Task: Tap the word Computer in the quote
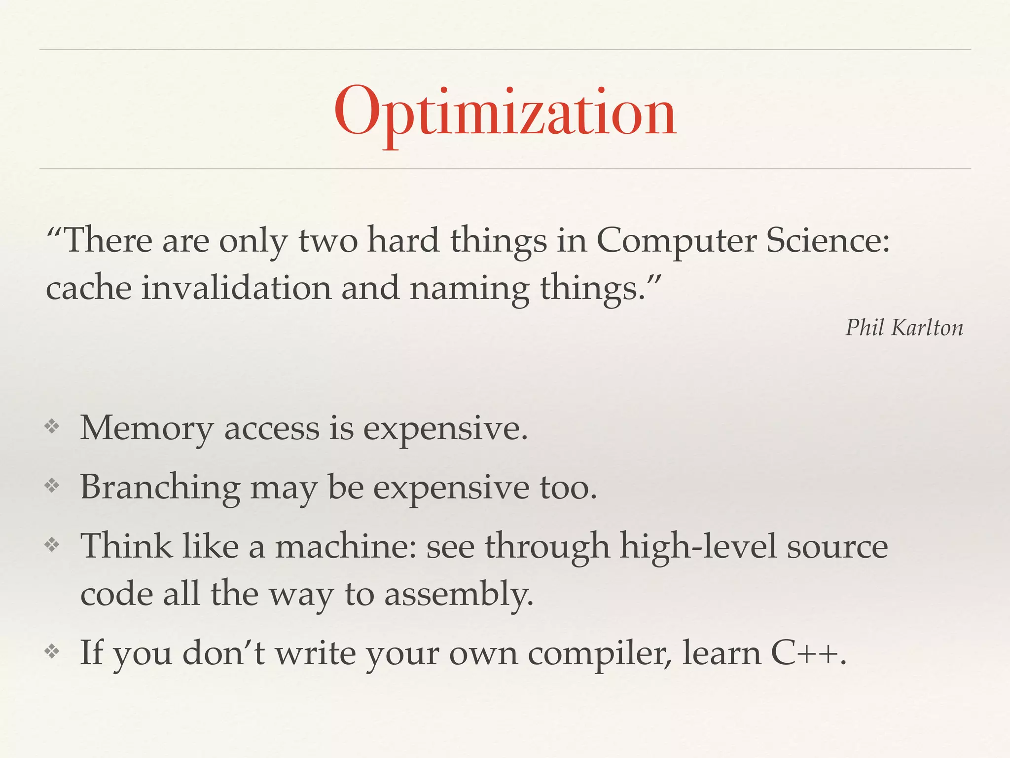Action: pos(676,242)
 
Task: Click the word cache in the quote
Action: pos(88,288)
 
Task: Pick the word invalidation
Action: pos(236,288)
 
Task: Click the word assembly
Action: pos(458,595)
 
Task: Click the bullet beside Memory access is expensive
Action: pos(52,427)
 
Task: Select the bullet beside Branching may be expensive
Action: pos(52,486)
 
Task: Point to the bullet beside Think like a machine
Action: pos(52,545)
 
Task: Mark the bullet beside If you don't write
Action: pos(52,652)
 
